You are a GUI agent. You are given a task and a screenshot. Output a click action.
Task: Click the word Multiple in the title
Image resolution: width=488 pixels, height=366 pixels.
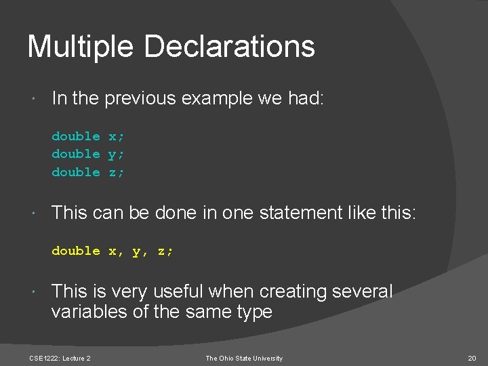81,47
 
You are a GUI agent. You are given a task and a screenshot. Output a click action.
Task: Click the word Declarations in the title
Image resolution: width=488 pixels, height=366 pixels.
229,47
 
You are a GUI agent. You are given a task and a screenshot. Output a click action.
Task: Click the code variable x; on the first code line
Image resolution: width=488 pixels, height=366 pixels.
117,136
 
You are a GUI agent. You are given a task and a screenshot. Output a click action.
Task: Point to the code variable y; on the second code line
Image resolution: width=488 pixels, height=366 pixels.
117,155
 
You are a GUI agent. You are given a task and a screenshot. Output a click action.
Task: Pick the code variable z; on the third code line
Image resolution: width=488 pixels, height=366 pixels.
117,172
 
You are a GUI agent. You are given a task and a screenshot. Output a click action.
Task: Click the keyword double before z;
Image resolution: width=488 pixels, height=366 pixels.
75,172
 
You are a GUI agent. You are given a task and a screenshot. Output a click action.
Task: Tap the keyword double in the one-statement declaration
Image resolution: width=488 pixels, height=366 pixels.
75,251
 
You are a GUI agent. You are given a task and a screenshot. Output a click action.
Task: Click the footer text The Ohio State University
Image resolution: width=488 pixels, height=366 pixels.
244,358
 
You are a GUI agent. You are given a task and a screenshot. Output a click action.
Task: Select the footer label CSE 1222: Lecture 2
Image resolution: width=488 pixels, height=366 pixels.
60,358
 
